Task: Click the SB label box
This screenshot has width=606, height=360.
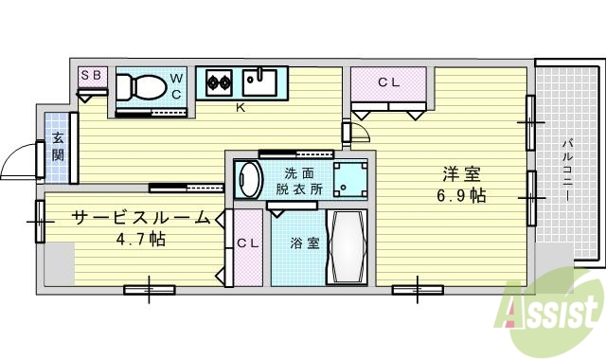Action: tap(92, 75)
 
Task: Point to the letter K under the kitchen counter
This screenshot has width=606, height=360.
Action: tap(241, 107)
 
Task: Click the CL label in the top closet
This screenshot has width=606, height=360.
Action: tap(389, 82)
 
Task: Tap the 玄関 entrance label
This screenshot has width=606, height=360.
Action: tap(57, 146)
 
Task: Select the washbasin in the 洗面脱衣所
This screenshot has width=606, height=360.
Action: tap(250, 179)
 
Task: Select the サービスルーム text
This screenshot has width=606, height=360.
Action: tap(140, 218)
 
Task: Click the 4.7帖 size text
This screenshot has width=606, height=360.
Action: tap(140, 239)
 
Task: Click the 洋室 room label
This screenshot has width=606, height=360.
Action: tap(462, 175)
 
